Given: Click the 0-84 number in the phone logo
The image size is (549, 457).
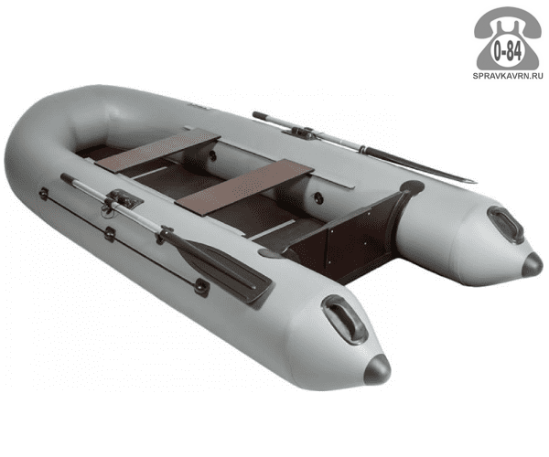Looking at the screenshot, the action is [x=507, y=52].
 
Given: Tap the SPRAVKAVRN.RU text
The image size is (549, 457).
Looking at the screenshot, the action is [x=508, y=76].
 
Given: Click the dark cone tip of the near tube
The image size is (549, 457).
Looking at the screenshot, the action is [x=377, y=369].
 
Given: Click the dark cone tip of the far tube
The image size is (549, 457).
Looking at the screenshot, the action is [x=532, y=265].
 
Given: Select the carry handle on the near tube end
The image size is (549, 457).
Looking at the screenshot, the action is [x=345, y=320].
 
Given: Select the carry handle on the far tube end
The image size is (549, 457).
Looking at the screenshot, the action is [x=506, y=225].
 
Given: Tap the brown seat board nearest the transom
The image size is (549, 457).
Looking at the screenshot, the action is [x=244, y=186].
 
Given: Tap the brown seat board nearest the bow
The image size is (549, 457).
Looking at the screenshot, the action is [x=157, y=149].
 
